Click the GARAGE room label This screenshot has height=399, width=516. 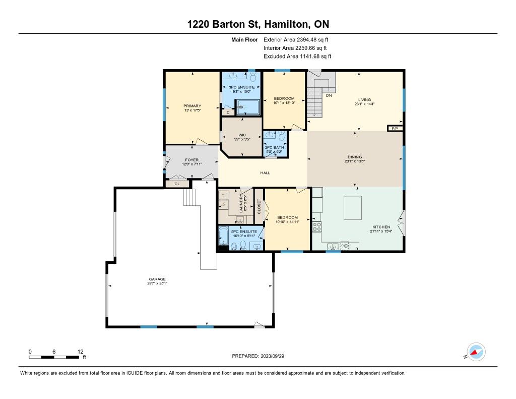coord(157,279)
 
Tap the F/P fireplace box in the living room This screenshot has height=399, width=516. coord(395,129)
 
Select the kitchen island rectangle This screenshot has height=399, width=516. coord(353,208)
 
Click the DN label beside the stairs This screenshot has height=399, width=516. coord(329,95)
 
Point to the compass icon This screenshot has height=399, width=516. coord(476,352)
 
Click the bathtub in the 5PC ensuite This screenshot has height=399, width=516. coord(224,236)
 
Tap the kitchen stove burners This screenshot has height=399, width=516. coord(317,226)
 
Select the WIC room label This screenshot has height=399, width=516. coord(242,135)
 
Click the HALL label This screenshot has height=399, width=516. coord(265,173)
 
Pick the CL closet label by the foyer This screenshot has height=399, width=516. coord(177,184)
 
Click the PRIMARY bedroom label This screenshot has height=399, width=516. coord(192,106)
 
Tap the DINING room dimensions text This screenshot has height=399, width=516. coord(355,161)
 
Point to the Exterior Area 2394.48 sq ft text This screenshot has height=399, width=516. coord(296,40)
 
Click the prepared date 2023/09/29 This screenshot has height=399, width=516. coord(273,356)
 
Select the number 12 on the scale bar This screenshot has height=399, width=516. coord(81,352)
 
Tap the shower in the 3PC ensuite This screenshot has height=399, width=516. coord(248,107)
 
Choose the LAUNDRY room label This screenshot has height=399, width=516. coord(241,203)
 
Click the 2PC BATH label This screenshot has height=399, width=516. coord(275,147)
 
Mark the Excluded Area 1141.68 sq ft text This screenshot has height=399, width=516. coord(297,56)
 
